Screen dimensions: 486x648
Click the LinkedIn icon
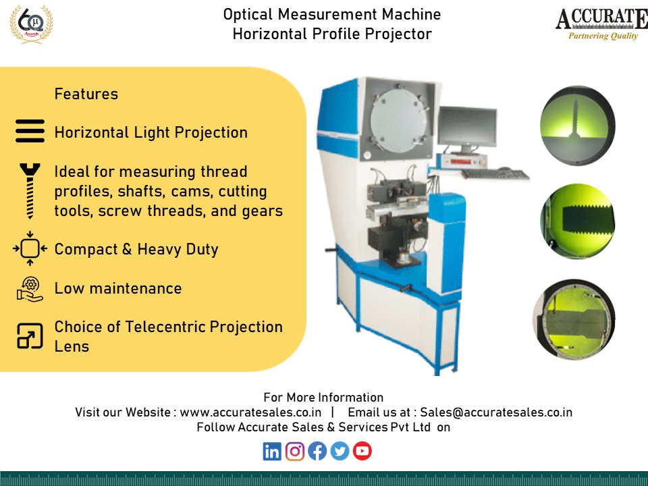(272, 451)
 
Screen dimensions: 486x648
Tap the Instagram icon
(295, 451)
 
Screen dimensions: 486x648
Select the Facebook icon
(317, 451)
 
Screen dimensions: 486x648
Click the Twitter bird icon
(340, 451)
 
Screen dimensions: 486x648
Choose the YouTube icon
(362, 451)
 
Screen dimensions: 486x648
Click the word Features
(86, 94)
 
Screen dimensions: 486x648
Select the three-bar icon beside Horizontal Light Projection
(30, 131)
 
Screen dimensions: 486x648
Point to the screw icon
(30, 191)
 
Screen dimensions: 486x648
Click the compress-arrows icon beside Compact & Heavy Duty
(30, 249)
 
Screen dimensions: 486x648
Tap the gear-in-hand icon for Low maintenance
(30, 289)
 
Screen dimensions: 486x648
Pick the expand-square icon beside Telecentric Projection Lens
(30, 335)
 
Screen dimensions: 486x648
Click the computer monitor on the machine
(467, 129)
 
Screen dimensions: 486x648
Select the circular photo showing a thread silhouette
(577, 125)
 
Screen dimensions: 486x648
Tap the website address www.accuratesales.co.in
(250, 412)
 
